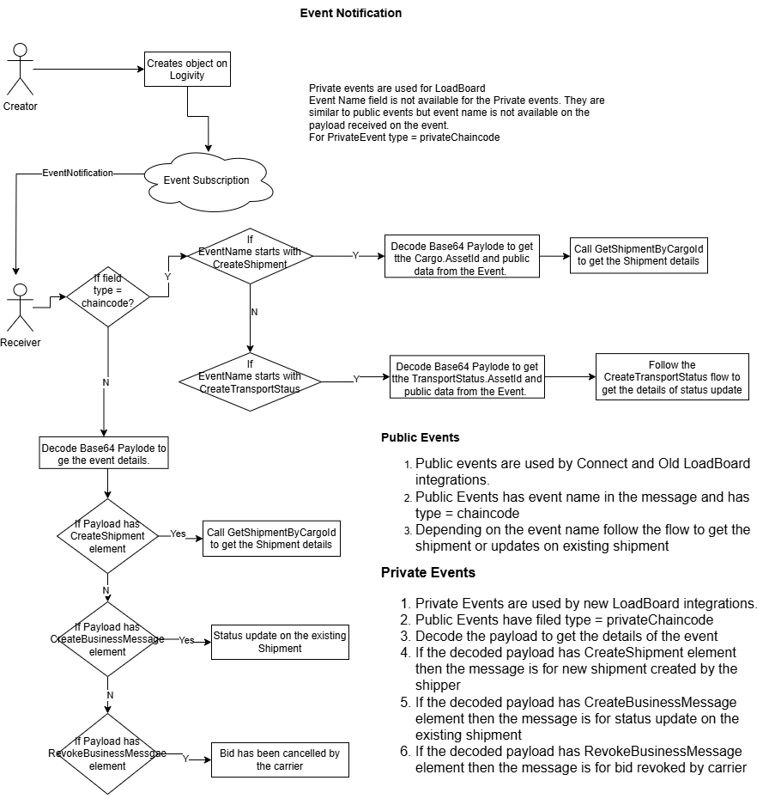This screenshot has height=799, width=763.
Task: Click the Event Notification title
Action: click(351, 13)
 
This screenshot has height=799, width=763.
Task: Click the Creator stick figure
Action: click(20, 70)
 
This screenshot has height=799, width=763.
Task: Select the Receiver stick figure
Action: click(20, 308)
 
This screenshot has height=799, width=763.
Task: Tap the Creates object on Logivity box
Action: click(187, 70)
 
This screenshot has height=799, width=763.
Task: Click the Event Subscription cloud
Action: click(209, 181)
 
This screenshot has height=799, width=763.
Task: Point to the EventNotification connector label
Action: click(77, 174)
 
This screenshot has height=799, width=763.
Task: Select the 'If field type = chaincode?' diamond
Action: click(108, 296)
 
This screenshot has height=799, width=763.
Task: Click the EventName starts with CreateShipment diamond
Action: click(250, 256)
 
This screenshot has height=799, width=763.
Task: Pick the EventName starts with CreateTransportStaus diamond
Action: click(250, 381)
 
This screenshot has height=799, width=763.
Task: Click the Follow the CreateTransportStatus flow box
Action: click(672, 377)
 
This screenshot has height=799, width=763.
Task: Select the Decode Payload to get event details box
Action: click(104, 453)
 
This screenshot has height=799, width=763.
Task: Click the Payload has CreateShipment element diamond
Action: click(107, 536)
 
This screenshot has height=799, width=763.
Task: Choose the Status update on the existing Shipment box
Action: click(280, 642)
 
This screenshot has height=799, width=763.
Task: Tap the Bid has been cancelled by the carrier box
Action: click(280, 759)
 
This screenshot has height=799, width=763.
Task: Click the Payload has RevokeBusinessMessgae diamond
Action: click(107, 753)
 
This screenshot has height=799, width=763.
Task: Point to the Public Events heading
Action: click(420, 437)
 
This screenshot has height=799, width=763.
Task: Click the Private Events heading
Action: click(428, 573)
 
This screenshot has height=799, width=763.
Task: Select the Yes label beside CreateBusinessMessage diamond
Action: click(186, 640)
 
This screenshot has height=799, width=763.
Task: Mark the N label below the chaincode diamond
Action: click(106, 382)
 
